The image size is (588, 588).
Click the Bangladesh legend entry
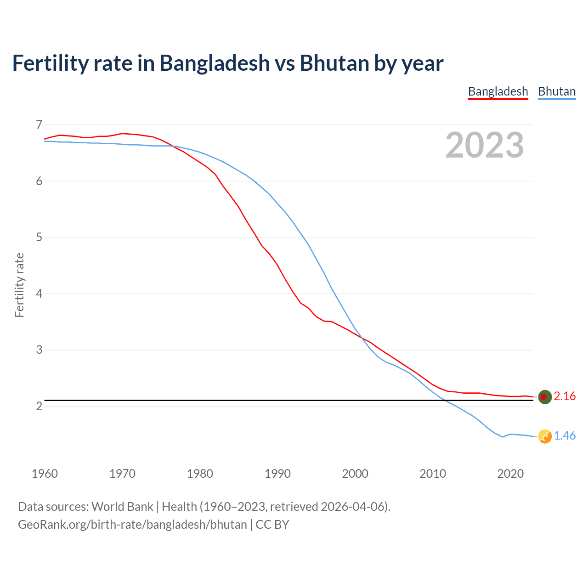(x=498, y=91)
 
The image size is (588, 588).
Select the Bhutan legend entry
(x=557, y=91)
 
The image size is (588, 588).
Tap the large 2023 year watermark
(x=485, y=145)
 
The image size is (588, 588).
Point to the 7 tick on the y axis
(x=39, y=124)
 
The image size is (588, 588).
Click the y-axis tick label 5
(x=39, y=237)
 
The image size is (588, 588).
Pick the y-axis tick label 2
(x=39, y=406)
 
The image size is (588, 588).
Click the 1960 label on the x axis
(x=45, y=474)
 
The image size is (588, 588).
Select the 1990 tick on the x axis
(x=277, y=474)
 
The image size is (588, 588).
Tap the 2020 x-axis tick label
(x=510, y=474)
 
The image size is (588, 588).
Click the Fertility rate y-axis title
(x=19, y=285)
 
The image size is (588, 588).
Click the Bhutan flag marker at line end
(x=545, y=436)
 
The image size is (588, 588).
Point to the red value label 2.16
(x=565, y=396)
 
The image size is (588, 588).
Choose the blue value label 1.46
(x=565, y=436)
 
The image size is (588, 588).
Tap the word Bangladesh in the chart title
(x=215, y=63)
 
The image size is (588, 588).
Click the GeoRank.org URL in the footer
(x=132, y=525)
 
